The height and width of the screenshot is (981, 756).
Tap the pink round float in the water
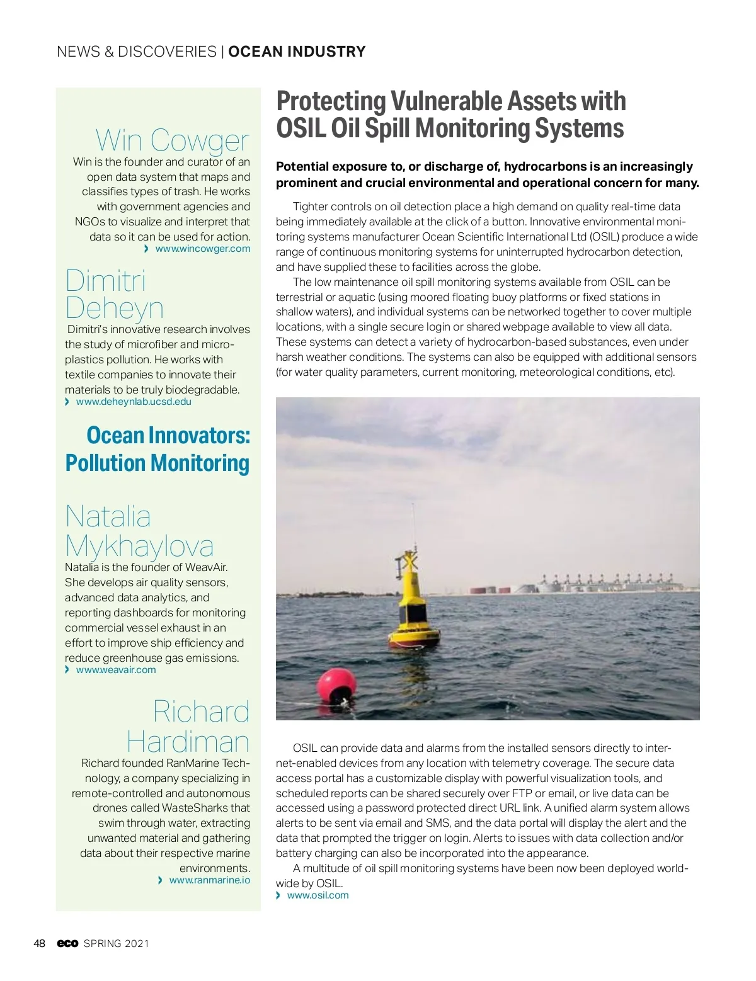click(337, 685)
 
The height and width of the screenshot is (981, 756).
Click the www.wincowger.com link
click(202, 249)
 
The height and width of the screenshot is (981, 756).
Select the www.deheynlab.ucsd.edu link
click(134, 402)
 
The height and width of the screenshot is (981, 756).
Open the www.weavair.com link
click(116, 670)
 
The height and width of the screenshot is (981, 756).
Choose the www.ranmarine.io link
click(209, 880)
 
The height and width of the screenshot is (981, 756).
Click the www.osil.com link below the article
click(318, 895)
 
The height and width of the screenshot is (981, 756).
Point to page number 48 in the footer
click(39, 943)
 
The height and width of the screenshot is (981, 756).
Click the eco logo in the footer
click(67, 943)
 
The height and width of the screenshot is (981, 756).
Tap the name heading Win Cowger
click(172, 140)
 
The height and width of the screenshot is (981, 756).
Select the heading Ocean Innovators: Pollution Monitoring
click(157, 449)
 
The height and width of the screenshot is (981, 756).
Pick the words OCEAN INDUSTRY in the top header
click(297, 52)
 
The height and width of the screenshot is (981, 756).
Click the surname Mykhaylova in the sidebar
click(139, 546)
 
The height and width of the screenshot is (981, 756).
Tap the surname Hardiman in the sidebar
click(188, 741)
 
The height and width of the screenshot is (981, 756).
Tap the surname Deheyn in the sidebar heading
click(114, 308)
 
